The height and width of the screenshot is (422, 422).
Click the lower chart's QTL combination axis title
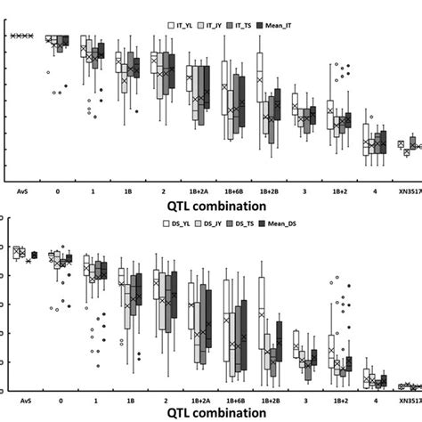pos(215,413)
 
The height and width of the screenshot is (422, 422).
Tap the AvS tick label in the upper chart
pos(22,190)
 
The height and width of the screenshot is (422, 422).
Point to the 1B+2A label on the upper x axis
pos(198,190)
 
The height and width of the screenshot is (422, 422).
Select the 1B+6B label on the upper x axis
pos(233,190)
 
